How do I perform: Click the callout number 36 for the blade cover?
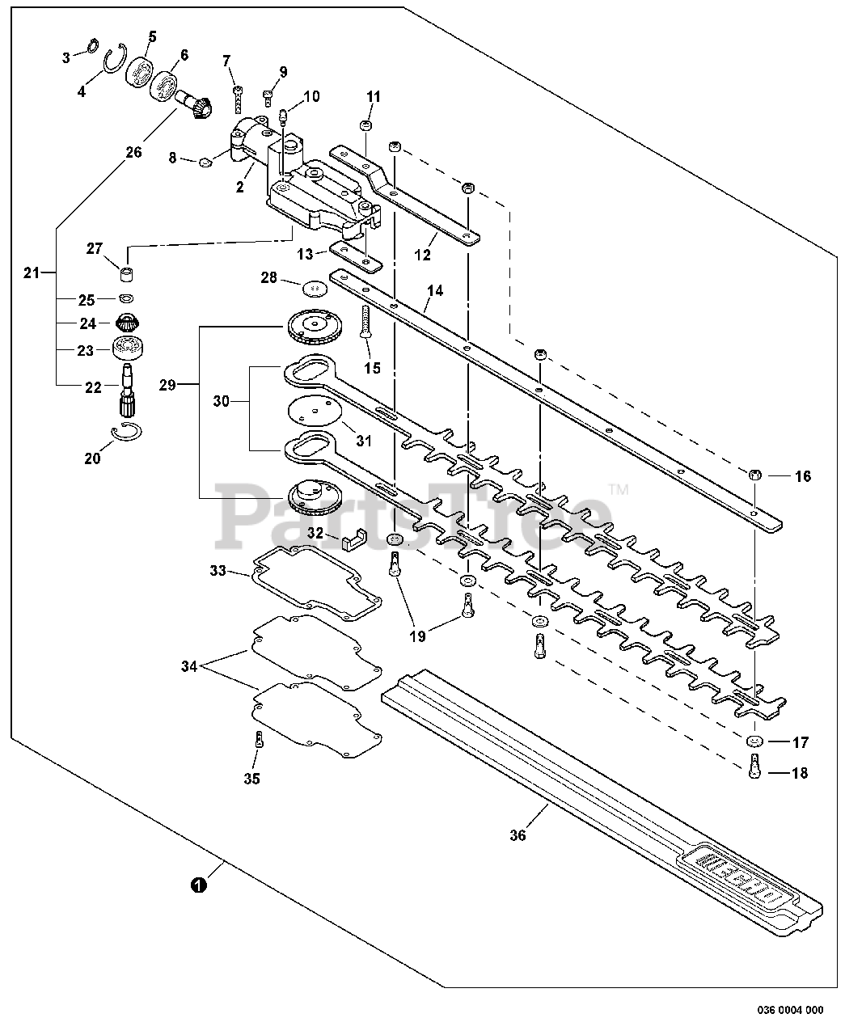(518, 835)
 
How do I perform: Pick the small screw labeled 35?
(256, 738)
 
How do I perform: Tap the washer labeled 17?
(754, 741)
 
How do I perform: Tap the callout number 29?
(167, 385)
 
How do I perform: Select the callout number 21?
(31, 273)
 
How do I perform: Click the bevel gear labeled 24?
(126, 322)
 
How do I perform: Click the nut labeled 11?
(365, 126)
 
